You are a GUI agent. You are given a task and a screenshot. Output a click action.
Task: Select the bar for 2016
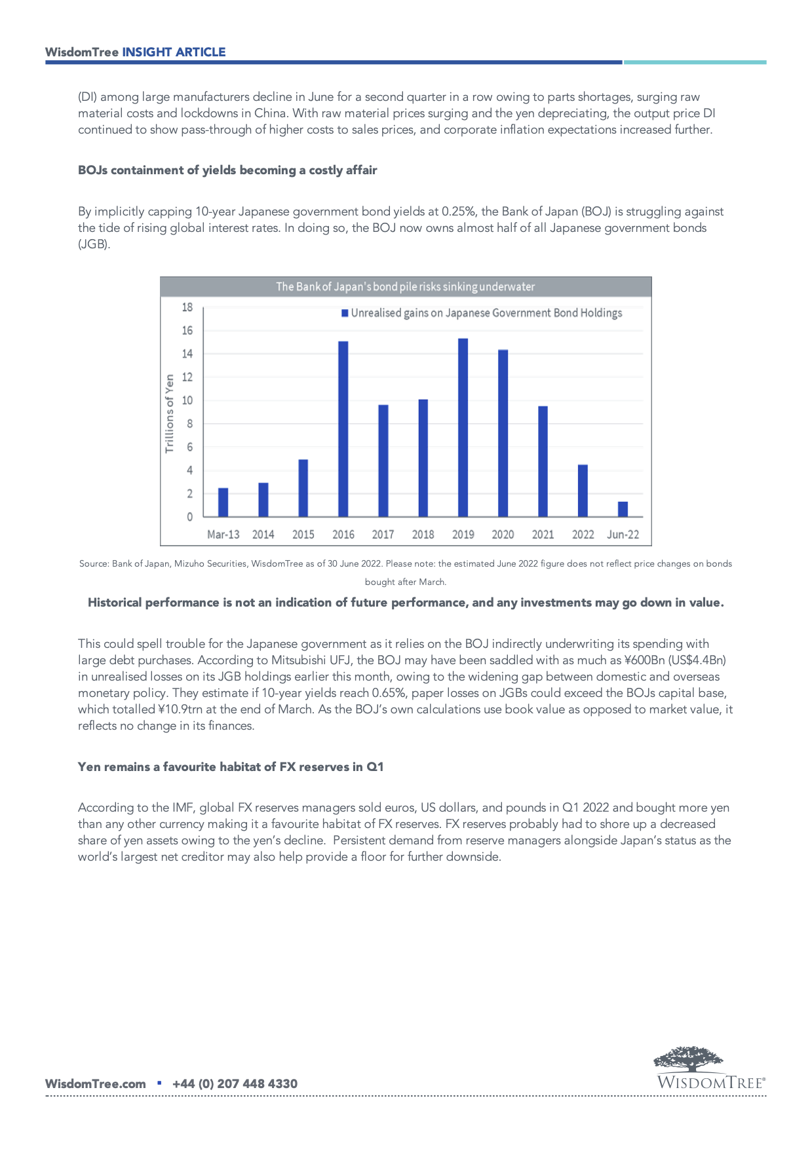pyautogui.click(x=343, y=429)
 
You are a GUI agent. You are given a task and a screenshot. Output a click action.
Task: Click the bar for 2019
pyautogui.click(x=463, y=428)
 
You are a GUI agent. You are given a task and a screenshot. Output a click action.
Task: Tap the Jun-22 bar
pyautogui.click(x=623, y=509)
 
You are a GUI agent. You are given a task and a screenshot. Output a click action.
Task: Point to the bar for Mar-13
pyautogui.click(x=223, y=502)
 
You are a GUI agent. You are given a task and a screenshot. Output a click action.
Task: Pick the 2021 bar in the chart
pyautogui.click(x=543, y=462)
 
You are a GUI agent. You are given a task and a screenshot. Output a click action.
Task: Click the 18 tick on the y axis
pyautogui.click(x=187, y=307)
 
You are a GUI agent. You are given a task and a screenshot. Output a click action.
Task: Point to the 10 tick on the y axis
pyautogui.click(x=187, y=400)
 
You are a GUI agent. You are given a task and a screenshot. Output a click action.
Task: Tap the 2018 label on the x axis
pyautogui.click(x=423, y=535)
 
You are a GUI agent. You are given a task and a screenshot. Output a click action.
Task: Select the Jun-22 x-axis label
pyautogui.click(x=623, y=535)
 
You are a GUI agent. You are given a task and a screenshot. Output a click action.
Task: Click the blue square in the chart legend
pyautogui.click(x=345, y=313)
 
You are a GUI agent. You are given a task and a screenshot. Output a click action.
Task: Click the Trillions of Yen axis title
pyautogui.click(x=170, y=413)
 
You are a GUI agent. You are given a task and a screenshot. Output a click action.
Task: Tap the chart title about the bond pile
pyautogui.click(x=405, y=287)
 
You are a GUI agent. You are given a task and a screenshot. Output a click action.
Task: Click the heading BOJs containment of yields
pyautogui.click(x=227, y=170)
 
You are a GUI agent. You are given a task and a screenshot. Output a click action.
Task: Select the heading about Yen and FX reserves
pyautogui.click(x=231, y=767)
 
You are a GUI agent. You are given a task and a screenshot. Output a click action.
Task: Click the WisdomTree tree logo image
pyautogui.click(x=689, y=1059)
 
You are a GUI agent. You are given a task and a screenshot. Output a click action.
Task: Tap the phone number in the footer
pyautogui.click(x=235, y=1083)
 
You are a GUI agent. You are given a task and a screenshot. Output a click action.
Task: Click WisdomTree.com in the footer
pyautogui.click(x=96, y=1083)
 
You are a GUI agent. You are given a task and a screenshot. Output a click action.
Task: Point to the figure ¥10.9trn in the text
pyautogui.click(x=180, y=709)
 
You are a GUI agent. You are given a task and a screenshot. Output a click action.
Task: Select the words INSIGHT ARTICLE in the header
pyautogui.click(x=174, y=52)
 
